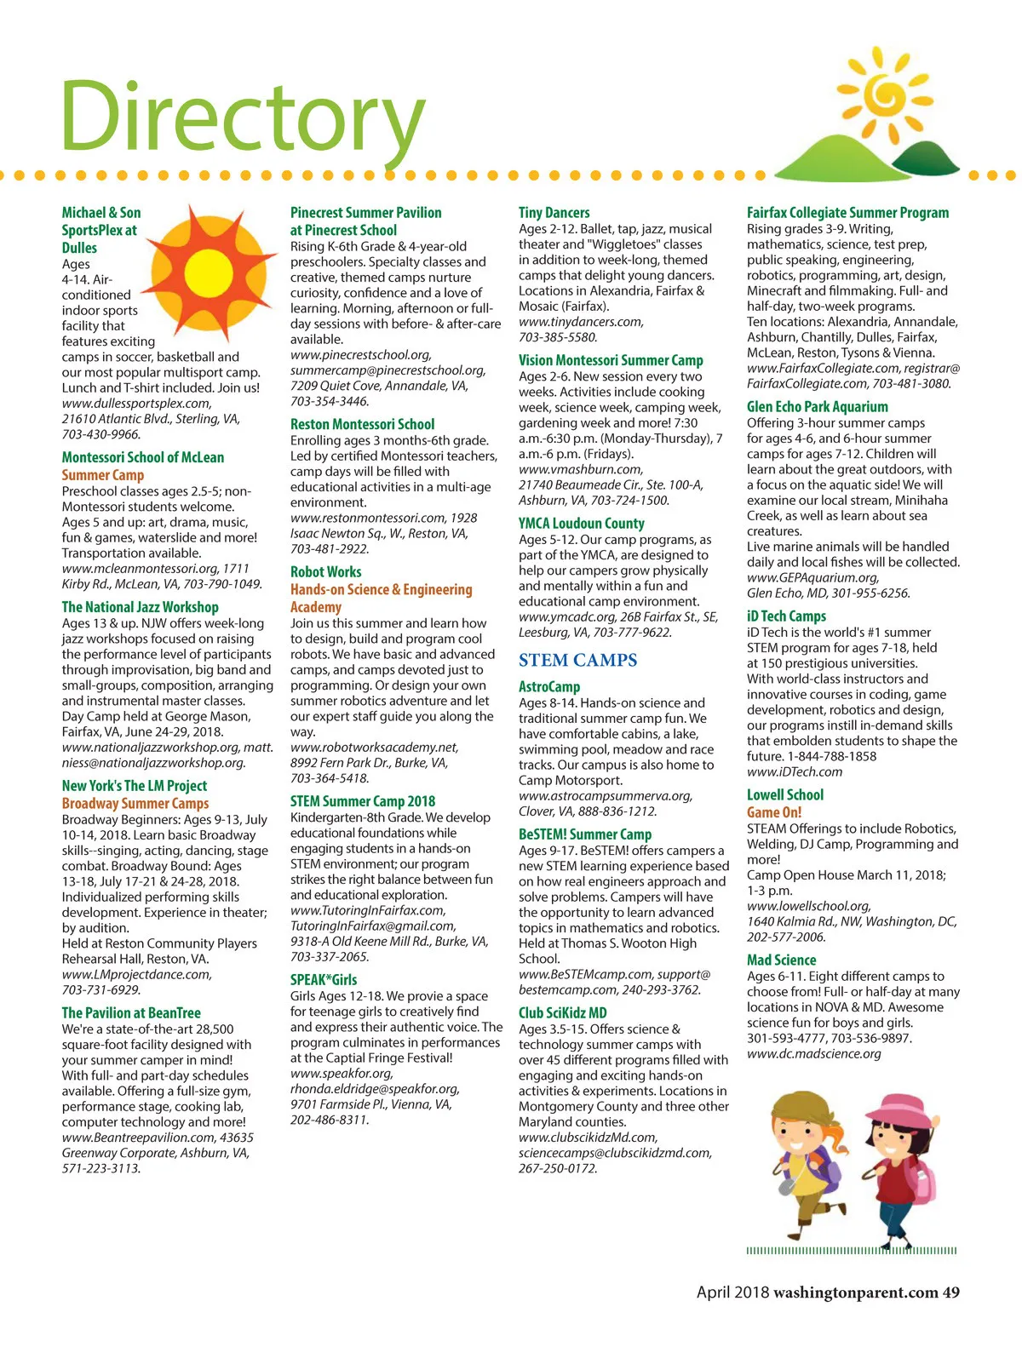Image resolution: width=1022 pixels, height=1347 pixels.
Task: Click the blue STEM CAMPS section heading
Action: point(577,660)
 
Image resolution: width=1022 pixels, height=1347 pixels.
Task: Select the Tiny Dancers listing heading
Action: point(554,212)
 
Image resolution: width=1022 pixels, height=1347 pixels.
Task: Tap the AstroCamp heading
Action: point(549,686)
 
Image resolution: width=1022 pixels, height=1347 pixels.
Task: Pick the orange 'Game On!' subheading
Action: point(774,811)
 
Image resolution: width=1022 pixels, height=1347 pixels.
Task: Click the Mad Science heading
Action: point(781,960)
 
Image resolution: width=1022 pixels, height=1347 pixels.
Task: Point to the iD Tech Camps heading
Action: point(786,616)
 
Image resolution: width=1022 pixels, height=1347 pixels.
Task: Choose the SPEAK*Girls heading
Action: point(324,979)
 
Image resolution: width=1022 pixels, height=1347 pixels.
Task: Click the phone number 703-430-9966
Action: point(100,434)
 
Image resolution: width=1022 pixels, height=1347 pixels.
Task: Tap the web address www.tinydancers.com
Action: point(581,322)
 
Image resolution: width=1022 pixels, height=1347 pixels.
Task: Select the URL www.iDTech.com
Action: point(795,771)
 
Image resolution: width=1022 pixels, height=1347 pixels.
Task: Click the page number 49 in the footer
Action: point(950,1293)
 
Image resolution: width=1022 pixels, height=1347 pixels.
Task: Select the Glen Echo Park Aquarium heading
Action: point(817,407)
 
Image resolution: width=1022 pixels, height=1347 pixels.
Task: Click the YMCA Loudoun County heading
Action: point(581,523)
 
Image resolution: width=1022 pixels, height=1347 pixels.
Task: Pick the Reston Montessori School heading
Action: point(362,424)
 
